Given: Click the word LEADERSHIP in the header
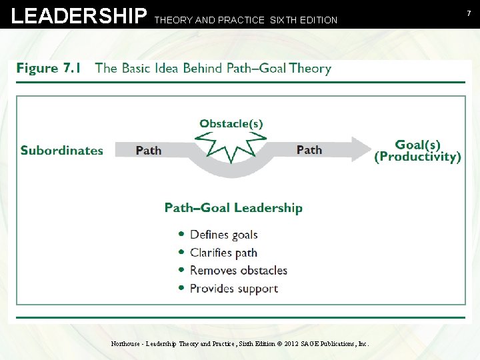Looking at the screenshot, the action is [79, 16].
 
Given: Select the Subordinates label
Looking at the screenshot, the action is [62, 150].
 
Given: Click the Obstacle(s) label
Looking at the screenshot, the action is [231, 123].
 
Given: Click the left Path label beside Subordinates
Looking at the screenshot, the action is [149, 150].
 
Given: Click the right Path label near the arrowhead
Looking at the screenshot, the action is [309, 149].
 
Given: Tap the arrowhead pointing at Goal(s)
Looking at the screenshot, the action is [361, 150].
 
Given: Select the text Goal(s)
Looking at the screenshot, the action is [418, 145].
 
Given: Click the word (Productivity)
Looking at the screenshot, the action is [418, 157].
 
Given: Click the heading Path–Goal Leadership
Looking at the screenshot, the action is [233, 208].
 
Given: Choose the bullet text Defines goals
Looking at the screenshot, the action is [224, 235].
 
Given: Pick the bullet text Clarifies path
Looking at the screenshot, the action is [223, 253].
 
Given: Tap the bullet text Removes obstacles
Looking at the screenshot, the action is [239, 271].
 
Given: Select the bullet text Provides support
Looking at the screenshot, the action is [234, 289].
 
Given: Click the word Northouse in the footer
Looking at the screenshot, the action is [125, 344].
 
